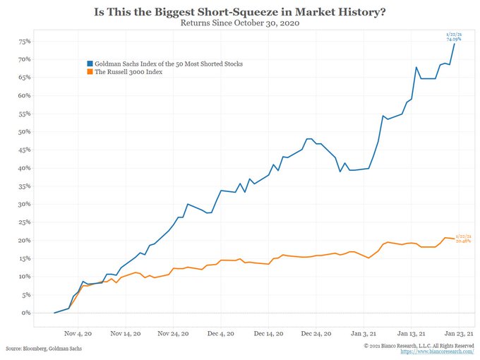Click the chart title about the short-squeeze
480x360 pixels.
[x=240, y=11]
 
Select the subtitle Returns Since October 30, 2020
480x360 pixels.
[x=240, y=23]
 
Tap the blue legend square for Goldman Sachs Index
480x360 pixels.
[x=89, y=64]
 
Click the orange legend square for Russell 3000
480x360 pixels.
[x=89, y=72]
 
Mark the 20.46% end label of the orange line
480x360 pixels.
[x=463, y=241]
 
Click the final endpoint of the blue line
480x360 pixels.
[x=455, y=44]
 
